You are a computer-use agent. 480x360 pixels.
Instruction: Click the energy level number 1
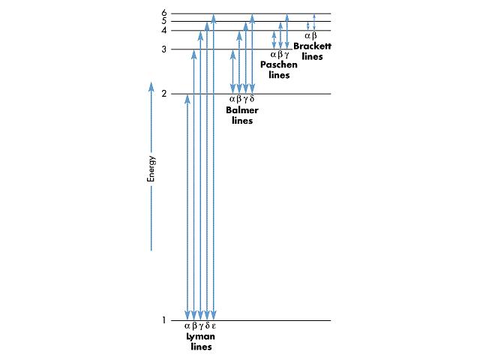(x=164, y=320)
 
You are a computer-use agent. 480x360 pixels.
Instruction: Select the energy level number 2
(x=164, y=93)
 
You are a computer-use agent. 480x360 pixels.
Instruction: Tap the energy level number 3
(x=164, y=49)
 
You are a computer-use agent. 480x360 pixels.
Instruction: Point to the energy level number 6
(x=164, y=13)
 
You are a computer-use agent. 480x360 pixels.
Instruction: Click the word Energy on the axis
(x=151, y=169)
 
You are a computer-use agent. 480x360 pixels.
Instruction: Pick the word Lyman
(x=201, y=337)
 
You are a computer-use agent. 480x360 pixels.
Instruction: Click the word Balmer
(x=242, y=110)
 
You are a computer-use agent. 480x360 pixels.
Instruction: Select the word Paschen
(x=279, y=64)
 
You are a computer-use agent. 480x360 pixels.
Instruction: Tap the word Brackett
(x=313, y=46)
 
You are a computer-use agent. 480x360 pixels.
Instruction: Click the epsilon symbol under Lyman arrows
(x=214, y=326)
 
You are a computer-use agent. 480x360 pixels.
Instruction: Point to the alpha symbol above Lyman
(x=187, y=326)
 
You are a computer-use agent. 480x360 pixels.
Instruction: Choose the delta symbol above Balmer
(x=252, y=99)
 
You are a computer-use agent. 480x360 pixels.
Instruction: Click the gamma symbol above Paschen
(x=286, y=55)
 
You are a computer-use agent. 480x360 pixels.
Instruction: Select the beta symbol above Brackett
(x=314, y=36)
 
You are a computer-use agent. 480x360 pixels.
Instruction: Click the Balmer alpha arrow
(x=233, y=71)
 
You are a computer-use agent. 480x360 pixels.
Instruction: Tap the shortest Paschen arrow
(x=274, y=40)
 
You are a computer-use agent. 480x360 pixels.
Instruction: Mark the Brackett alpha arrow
(x=308, y=26)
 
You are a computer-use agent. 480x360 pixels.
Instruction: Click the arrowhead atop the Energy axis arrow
(x=151, y=86)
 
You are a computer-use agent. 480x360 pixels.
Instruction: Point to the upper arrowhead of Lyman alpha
(x=187, y=99)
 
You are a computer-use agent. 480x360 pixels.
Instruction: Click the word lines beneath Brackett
(x=312, y=57)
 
